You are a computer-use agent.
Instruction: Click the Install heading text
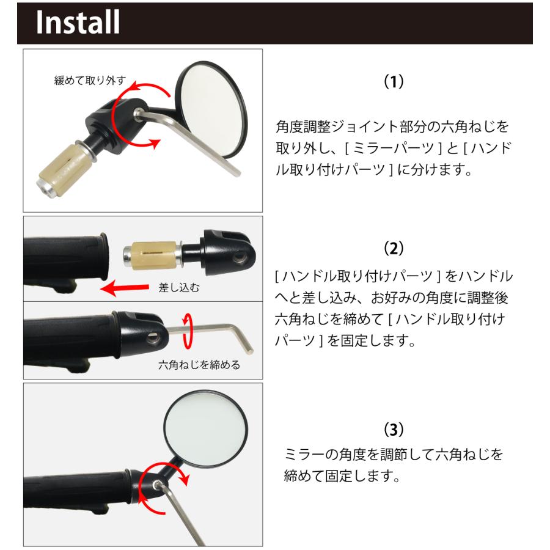pyautogui.click(x=77, y=23)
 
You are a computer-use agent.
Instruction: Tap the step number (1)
pyautogui.click(x=394, y=81)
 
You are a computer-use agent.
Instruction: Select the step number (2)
pyautogui.click(x=394, y=249)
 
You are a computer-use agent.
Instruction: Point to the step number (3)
pyautogui.click(x=394, y=430)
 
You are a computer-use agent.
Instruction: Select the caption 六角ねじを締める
pyautogui.click(x=199, y=365)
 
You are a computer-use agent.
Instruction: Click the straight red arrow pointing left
pyautogui.click(x=125, y=287)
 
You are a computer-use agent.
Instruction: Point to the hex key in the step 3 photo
pyautogui.click(x=183, y=513)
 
